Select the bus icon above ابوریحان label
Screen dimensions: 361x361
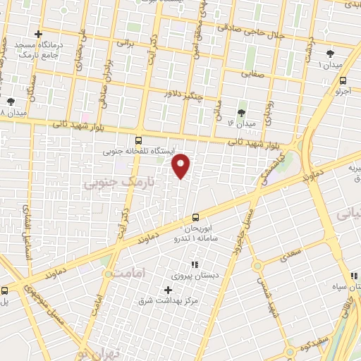point(195,218)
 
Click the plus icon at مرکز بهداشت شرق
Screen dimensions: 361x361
point(168,290)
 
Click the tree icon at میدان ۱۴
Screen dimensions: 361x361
point(242,113)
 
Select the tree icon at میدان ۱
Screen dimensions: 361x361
point(329,54)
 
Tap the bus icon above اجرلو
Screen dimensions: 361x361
point(343,80)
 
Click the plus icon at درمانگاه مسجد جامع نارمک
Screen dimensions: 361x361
point(38,33)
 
